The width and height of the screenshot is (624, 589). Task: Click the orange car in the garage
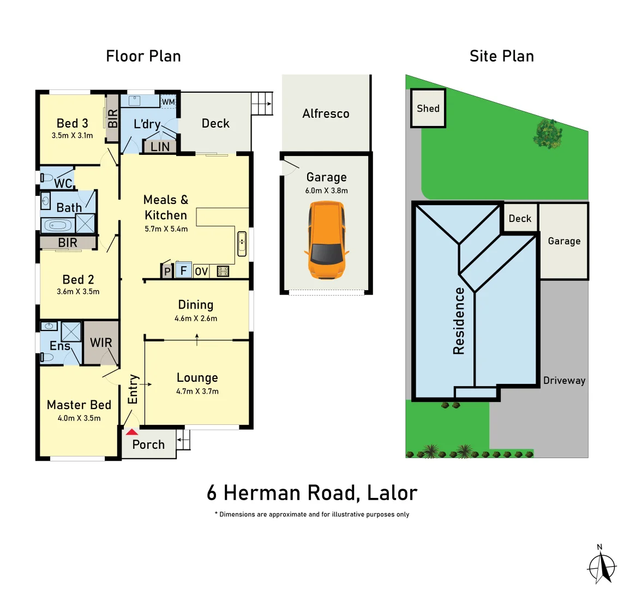pos(326,240)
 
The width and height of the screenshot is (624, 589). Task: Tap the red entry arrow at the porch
pos(132,432)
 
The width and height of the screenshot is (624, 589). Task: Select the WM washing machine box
pos(169,102)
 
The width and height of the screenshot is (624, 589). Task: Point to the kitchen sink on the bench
pos(242,243)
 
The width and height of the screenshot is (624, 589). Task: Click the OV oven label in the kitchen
pos(201,271)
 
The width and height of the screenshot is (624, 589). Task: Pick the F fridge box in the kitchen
pos(184,270)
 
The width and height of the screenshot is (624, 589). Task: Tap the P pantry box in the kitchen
pos(167,272)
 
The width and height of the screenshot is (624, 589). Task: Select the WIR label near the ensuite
pos(101,342)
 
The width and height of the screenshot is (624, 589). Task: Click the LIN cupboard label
pos(160,147)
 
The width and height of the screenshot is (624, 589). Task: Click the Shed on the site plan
pos(428,109)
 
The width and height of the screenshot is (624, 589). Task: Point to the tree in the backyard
pos(548,134)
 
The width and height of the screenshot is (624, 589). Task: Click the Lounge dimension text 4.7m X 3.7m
pos(197,391)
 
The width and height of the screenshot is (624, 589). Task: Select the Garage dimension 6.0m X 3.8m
pos(326,190)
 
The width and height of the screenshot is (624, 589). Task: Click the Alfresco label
pos(326,113)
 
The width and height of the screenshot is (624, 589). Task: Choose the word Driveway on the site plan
pos(564,381)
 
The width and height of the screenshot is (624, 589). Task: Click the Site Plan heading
pos(501,56)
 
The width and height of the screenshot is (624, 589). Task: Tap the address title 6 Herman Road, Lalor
pos(311,493)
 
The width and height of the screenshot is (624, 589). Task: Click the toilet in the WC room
pos(47,178)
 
